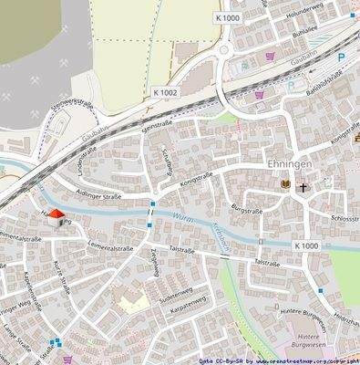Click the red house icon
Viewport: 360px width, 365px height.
pyautogui.click(x=57, y=217)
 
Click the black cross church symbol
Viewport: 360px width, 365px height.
pyautogui.click(x=303, y=187)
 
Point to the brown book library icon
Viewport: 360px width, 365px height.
pyautogui.click(x=284, y=187)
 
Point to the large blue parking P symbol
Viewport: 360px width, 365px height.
pyautogui.click(x=341, y=57)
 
